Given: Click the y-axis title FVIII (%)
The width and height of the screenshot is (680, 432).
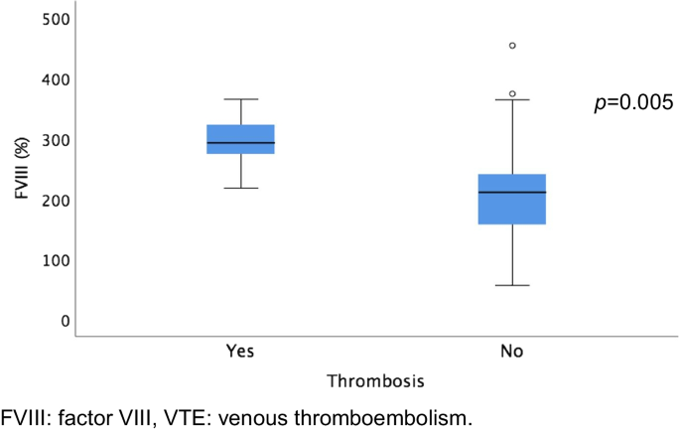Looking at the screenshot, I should tap(20, 169).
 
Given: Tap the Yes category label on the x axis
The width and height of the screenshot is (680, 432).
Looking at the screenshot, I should tap(240, 353).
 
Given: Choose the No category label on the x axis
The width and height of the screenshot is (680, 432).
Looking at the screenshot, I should tap(512, 353).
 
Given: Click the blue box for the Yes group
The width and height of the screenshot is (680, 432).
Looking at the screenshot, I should tap(240, 133).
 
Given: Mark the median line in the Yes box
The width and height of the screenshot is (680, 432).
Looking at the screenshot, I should tap(240, 143).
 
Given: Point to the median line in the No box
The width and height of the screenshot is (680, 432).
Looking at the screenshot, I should tap(512, 192).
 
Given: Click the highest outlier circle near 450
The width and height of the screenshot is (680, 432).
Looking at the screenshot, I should tap(512, 46).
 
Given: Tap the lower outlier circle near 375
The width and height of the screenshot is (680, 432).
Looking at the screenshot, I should tap(512, 93).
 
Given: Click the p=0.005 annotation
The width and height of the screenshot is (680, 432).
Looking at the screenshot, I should tap(633, 103).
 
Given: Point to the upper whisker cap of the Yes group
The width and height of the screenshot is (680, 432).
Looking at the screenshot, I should tap(240, 99).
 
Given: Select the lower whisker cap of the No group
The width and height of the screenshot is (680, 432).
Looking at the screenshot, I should tap(512, 285).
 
